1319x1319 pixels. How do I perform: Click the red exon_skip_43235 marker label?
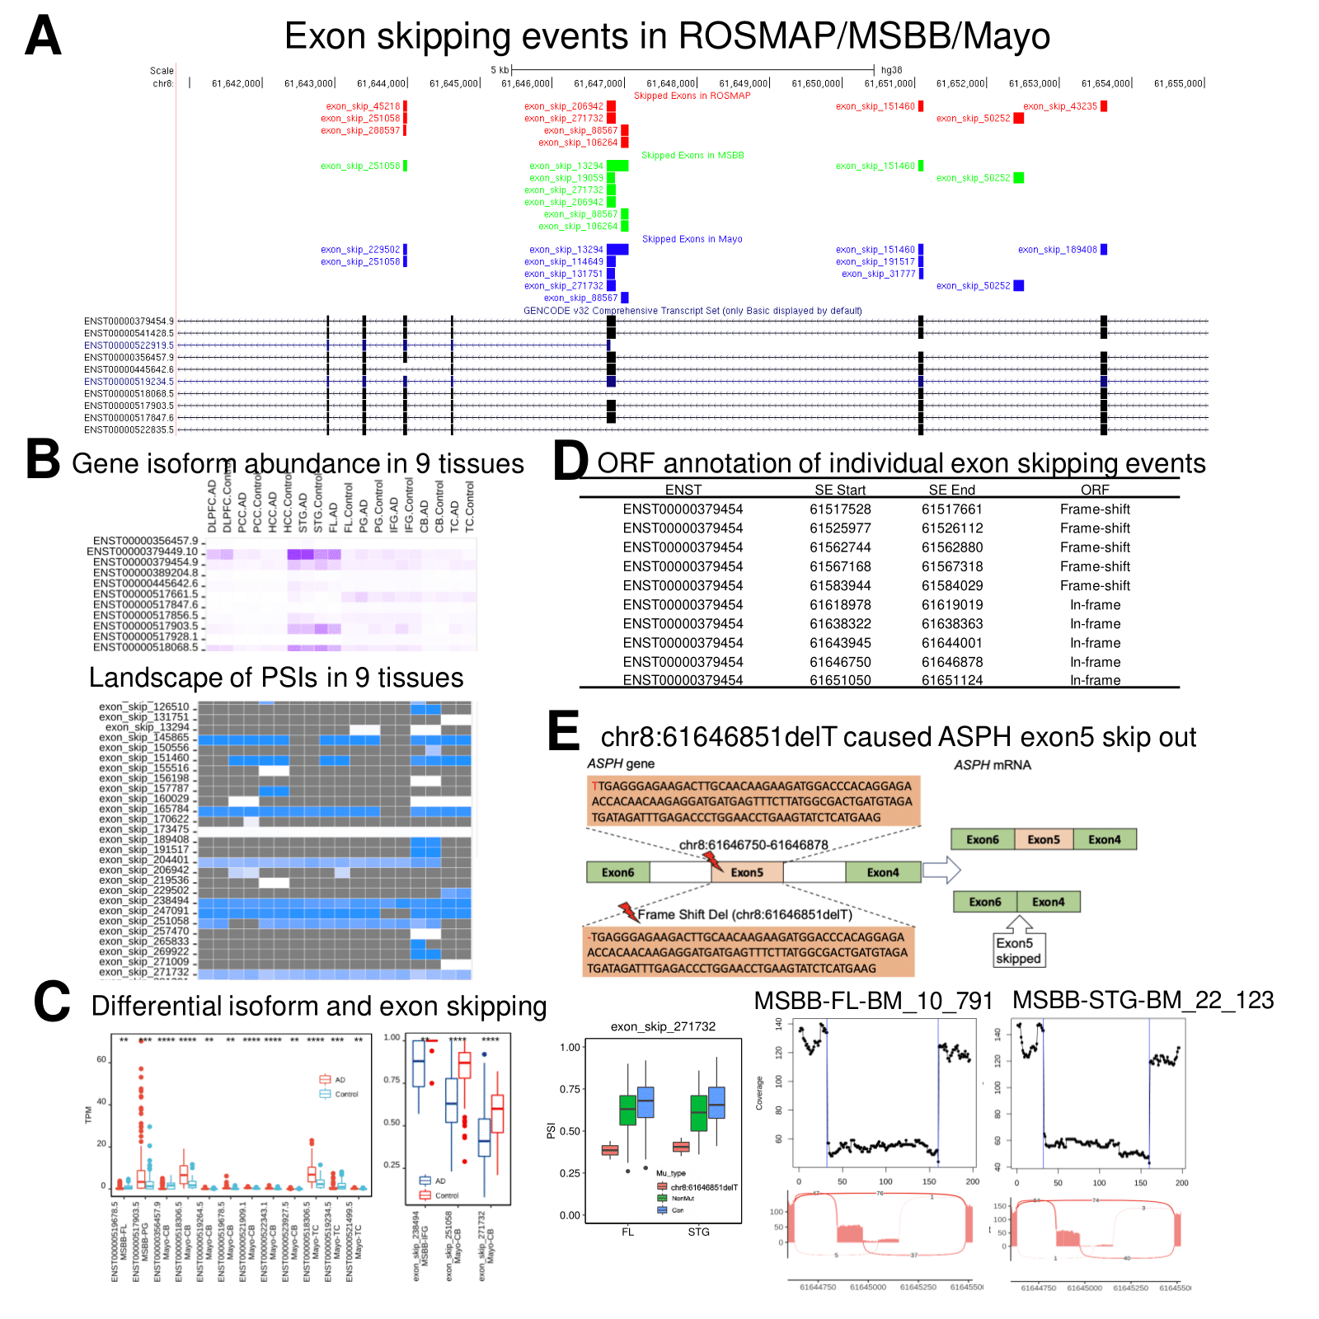1060,106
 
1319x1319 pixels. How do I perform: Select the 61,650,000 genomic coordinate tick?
817,83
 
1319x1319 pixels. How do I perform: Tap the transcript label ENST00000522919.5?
129,345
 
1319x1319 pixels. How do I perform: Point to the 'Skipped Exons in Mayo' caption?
692,239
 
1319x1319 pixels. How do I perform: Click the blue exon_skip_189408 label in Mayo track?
1057,250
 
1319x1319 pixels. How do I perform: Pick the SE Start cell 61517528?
840,509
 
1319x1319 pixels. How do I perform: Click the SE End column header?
951,490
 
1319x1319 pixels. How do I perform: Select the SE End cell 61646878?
951,662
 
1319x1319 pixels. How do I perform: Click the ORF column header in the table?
1095,490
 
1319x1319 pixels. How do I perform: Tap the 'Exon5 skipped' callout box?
1018,951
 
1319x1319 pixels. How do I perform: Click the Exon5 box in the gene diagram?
746,872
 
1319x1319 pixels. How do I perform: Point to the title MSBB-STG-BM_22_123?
1143,1000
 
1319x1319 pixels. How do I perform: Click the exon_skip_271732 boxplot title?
663,1026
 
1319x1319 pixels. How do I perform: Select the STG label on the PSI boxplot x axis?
698,1232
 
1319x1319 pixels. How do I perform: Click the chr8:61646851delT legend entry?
703,1187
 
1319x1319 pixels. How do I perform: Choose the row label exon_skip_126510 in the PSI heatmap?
144,706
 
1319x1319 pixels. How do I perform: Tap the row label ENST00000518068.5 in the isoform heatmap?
145,647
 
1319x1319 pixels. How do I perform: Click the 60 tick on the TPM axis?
101,1059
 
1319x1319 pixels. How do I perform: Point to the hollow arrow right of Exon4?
941,870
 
